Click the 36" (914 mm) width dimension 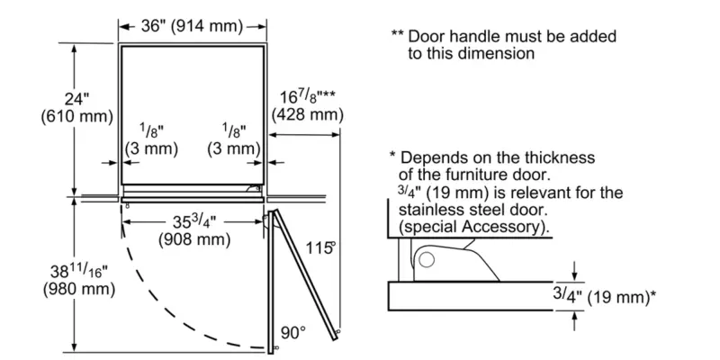pyautogui.click(x=193, y=26)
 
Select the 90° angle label pyautogui.click(x=292, y=332)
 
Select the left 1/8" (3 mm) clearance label pyautogui.click(x=142, y=138)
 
